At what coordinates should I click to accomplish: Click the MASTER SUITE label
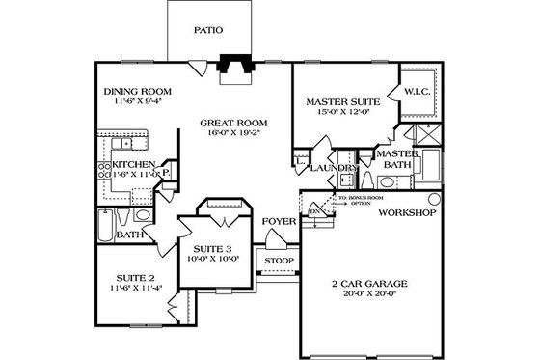(x=342, y=100)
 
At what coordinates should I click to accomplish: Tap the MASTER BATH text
(x=395, y=159)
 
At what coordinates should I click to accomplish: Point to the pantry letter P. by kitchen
(x=166, y=175)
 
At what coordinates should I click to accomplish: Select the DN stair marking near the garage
(x=315, y=210)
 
